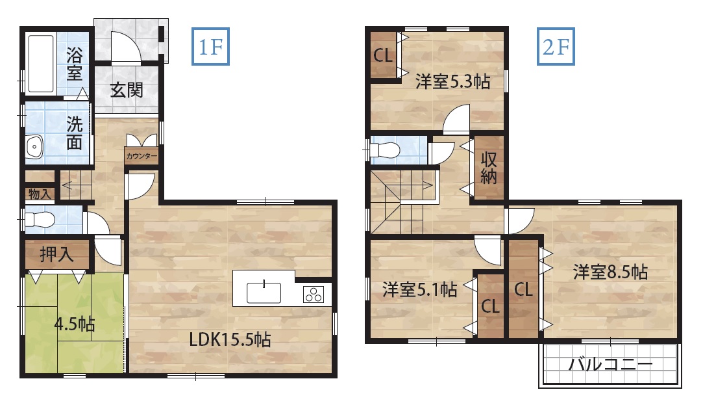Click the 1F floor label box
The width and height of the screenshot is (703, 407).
tap(210, 46)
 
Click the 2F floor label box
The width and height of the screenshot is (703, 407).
tap(556, 46)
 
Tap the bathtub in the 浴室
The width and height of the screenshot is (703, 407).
tap(41, 63)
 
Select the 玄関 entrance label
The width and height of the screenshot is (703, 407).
tap(127, 90)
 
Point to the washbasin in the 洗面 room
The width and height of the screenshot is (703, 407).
tap(34, 146)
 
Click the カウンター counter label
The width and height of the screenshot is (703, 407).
tap(142, 156)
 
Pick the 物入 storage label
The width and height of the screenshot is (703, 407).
tap(40, 194)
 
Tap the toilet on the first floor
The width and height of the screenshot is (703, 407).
tap(40, 220)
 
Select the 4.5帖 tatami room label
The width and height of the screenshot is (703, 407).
tap(75, 323)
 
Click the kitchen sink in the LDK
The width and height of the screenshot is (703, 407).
tap(264, 292)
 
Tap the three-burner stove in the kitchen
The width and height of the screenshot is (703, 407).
tap(313, 295)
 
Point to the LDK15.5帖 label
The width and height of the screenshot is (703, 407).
tap(230, 339)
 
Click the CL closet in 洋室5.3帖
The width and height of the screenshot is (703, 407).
tap(383, 55)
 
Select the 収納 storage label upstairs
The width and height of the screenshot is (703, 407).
tap(489, 168)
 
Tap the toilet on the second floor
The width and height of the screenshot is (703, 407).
tap(385, 150)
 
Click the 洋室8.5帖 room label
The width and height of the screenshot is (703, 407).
tap(610, 272)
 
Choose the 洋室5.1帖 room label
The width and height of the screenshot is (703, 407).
tap(419, 289)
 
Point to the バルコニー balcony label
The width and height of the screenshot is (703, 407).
tap(611, 364)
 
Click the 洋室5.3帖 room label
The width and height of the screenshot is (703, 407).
tap(452, 82)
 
